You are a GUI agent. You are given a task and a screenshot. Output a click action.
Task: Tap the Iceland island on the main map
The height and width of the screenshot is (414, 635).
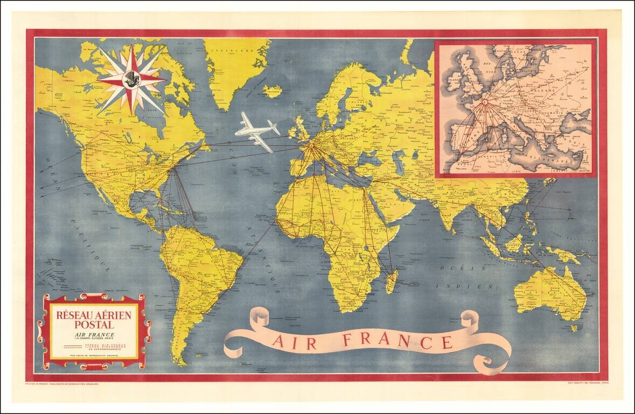tap(273, 91)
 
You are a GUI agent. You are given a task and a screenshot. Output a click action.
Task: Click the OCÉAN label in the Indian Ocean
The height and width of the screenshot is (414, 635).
tap(456, 268)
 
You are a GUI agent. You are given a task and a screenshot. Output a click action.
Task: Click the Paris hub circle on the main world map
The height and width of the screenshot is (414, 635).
tap(311, 145)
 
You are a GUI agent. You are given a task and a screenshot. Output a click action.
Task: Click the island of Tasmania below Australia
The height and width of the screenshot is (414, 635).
tap(574, 327)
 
